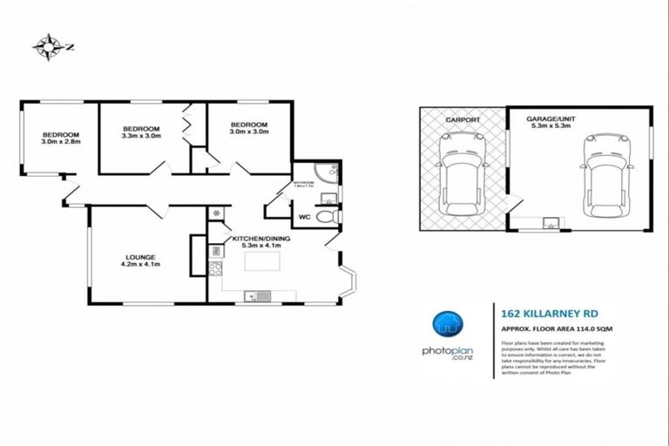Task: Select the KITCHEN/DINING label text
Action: click(255, 238)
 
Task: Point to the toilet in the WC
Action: click(325, 217)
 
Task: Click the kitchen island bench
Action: click(262, 260)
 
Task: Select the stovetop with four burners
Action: click(215, 252)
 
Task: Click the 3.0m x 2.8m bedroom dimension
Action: click(60, 144)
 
